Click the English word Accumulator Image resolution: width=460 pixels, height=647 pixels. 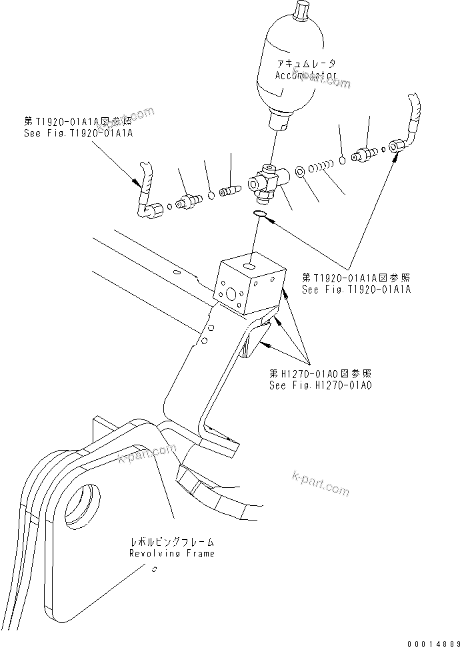pos(305,76)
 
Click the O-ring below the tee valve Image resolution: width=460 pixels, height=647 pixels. pos(261,214)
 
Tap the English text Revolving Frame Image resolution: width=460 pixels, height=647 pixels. pos(173,554)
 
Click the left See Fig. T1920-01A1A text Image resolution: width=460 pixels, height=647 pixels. pos(78,133)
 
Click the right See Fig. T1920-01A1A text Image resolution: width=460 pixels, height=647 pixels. pos(357,290)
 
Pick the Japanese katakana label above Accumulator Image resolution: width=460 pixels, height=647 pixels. pos(306,64)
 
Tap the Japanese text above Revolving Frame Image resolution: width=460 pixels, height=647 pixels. pos(173,542)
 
